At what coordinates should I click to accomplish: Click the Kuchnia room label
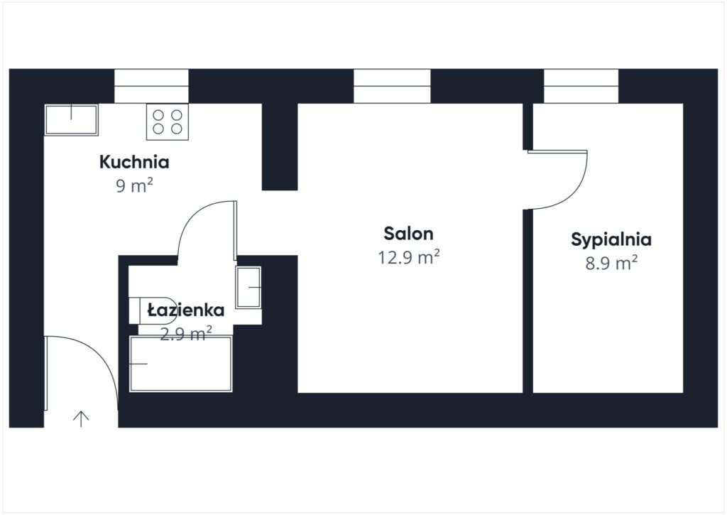click(x=134, y=162)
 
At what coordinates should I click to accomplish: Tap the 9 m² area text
click(x=134, y=185)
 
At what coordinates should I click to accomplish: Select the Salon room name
click(x=408, y=234)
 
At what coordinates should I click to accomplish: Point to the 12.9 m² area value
click(x=408, y=257)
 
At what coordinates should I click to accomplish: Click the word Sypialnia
click(x=611, y=240)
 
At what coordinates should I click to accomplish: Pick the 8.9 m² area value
click(x=611, y=263)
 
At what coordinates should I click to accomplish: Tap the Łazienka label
click(x=186, y=310)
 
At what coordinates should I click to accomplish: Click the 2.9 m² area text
click(x=186, y=333)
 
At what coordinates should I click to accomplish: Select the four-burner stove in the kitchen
click(x=168, y=122)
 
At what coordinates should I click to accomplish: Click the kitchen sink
click(x=72, y=120)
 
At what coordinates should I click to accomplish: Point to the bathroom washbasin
click(x=248, y=287)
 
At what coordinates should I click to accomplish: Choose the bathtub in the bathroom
click(x=180, y=364)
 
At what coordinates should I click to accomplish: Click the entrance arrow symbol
click(x=81, y=418)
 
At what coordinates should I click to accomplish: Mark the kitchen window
click(x=152, y=86)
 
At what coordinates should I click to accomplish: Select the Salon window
click(x=392, y=86)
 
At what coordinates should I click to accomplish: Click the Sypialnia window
click(x=581, y=86)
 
